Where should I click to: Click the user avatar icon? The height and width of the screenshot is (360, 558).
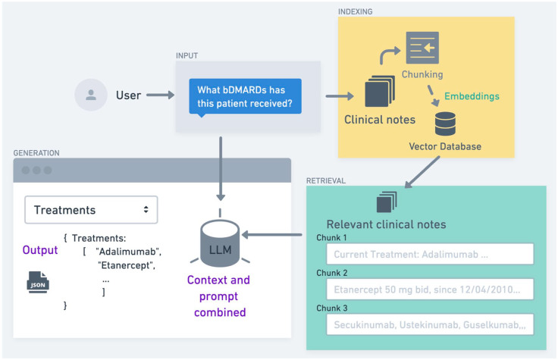pyautogui.click(x=91, y=95)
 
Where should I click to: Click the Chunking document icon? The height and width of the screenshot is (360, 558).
pyautogui.click(x=422, y=48)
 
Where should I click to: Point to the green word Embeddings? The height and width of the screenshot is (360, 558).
pyautogui.click(x=471, y=97)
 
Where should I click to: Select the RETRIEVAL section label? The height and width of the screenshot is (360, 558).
pyautogui.click(x=327, y=180)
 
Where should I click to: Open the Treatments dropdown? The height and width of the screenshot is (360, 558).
pyautogui.click(x=91, y=210)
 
